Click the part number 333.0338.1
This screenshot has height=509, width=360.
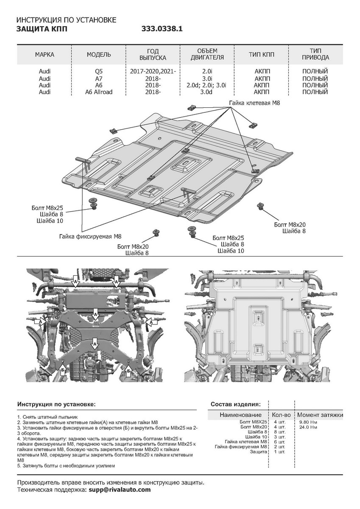pyautogui.click(x=162, y=29)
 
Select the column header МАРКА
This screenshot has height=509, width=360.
pyautogui.click(x=45, y=55)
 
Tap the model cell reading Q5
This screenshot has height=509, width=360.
pyautogui.click(x=99, y=72)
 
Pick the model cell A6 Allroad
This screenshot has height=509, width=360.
pyautogui.click(x=99, y=92)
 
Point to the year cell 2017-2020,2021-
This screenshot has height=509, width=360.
pyautogui.click(x=153, y=72)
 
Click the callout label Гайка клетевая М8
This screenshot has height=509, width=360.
pyautogui.click(x=255, y=103)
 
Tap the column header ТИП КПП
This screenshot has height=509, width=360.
pyautogui.click(x=262, y=55)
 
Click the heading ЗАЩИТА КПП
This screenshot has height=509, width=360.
pyautogui.click(x=41, y=29)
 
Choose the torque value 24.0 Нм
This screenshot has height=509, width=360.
pyautogui.click(x=308, y=427)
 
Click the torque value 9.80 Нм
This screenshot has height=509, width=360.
pyautogui.click(x=308, y=422)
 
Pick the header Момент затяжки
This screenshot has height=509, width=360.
pyautogui.click(x=320, y=414)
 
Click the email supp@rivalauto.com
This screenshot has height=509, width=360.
pyautogui.click(x=120, y=489)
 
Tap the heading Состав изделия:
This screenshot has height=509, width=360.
pyautogui.click(x=235, y=404)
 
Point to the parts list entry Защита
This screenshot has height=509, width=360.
pyautogui.click(x=258, y=452)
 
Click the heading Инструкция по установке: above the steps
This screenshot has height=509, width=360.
pyautogui.click(x=56, y=405)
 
